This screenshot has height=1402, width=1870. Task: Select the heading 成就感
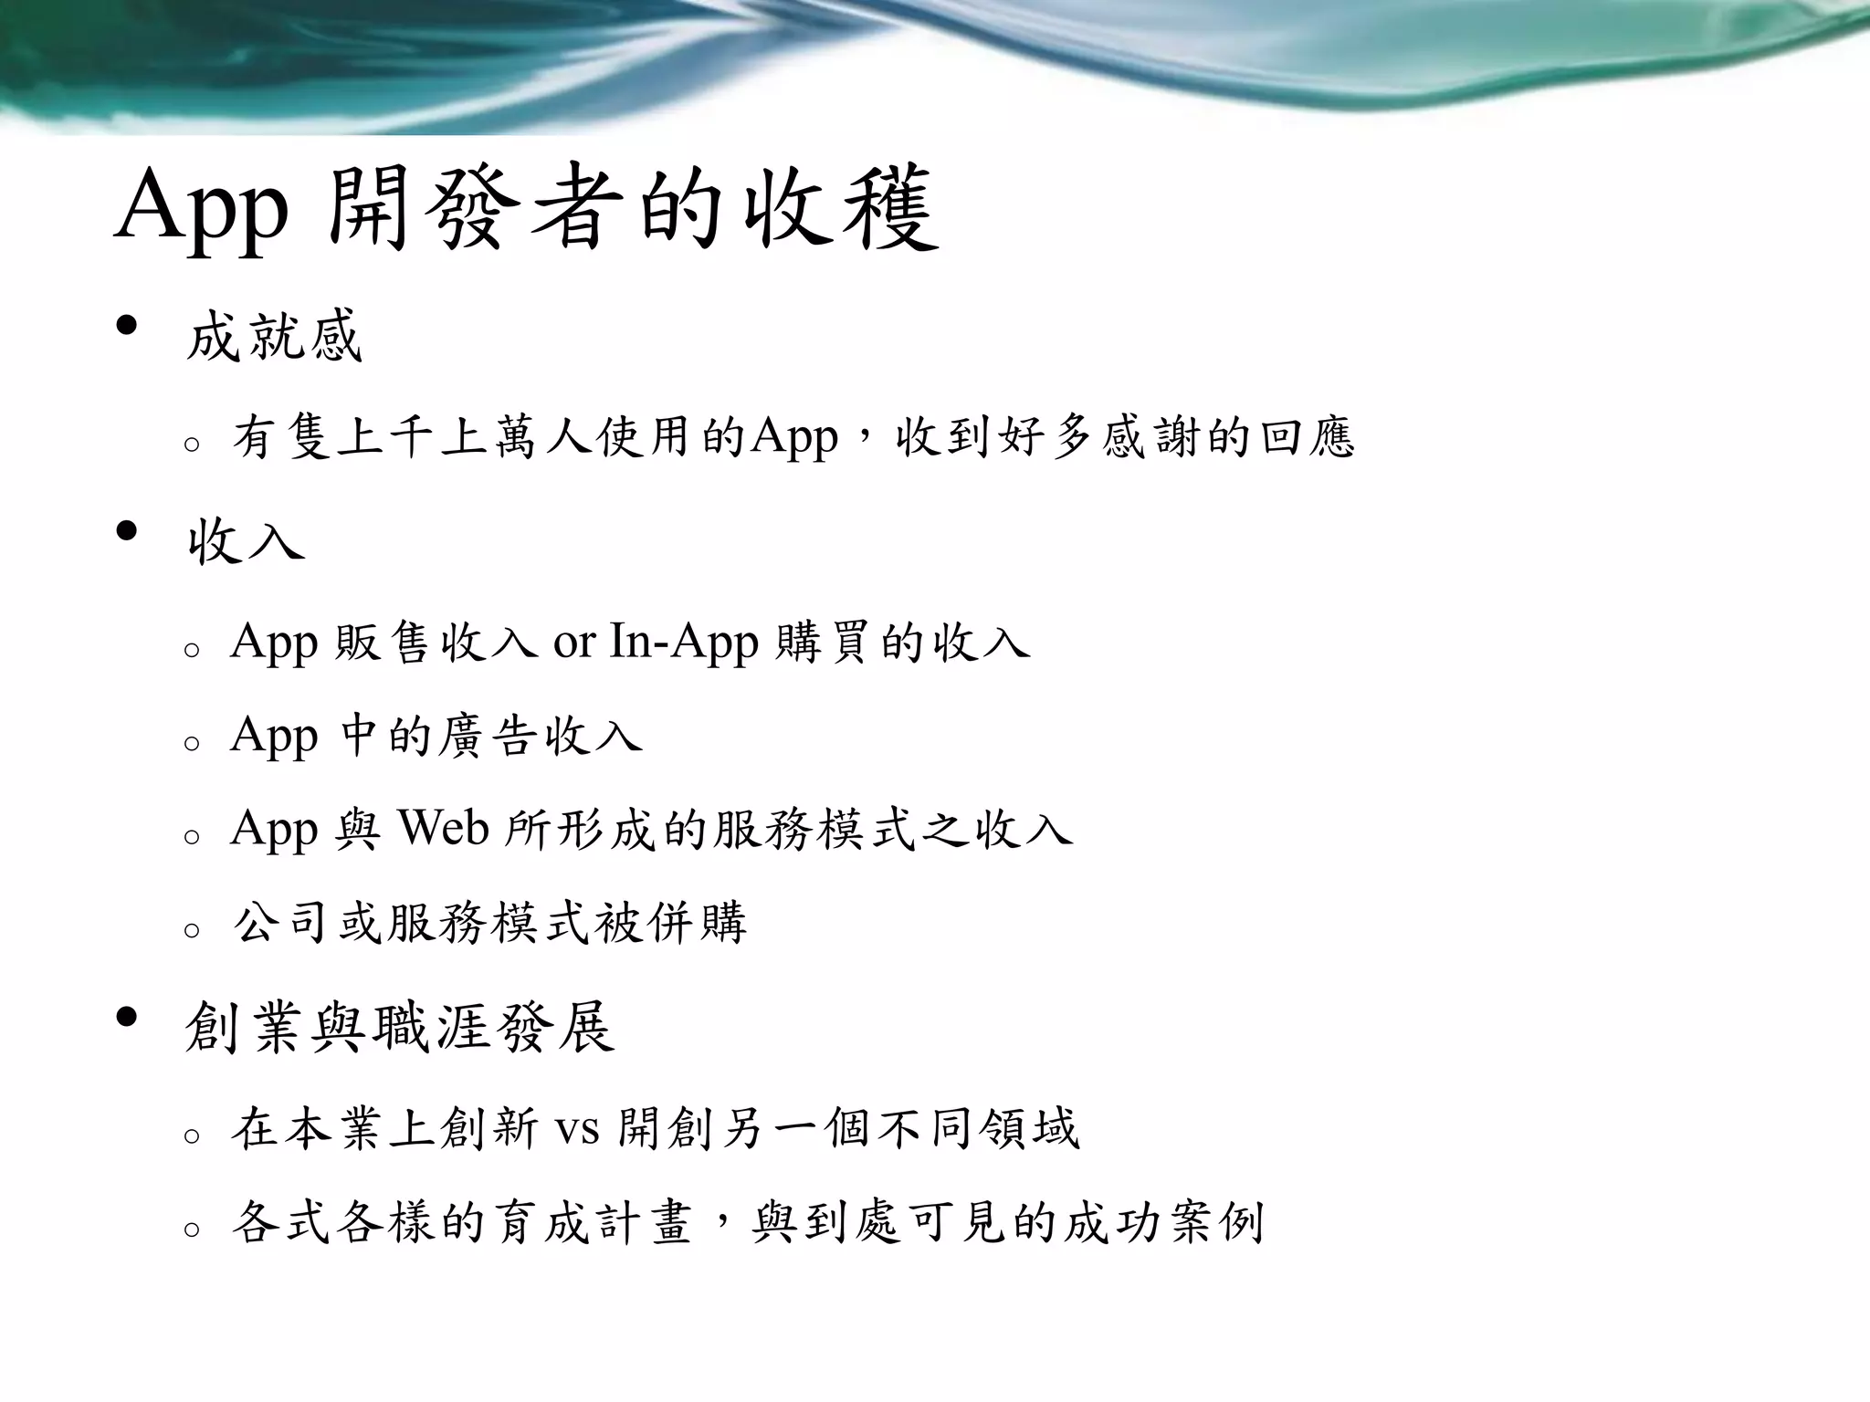coord(274,336)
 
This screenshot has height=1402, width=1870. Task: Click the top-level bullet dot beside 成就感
coord(127,326)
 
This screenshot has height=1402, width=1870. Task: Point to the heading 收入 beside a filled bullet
coord(245,540)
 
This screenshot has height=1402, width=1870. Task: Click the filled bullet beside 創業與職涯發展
coord(127,1017)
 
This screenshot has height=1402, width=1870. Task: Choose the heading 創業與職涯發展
coord(399,1027)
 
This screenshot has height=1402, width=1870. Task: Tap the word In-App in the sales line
coord(683,641)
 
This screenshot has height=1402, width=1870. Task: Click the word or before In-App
coord(574,643)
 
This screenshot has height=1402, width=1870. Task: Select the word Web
coord(443,828)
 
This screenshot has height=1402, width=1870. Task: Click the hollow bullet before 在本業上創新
coord(192,1137)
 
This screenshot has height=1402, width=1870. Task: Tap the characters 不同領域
coord(977,1129)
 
